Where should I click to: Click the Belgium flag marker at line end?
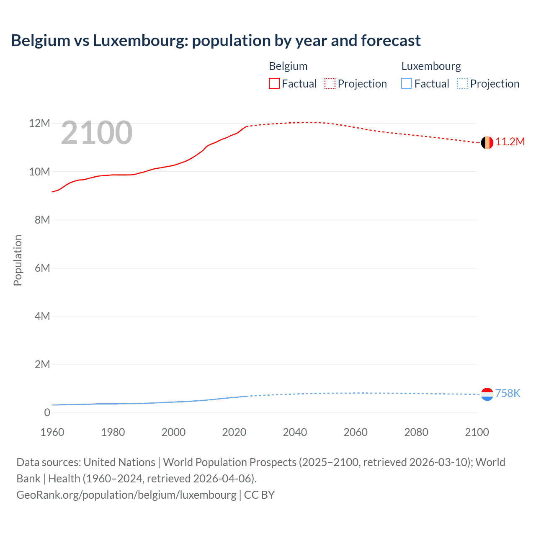487,143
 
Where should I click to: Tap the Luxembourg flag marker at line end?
487,394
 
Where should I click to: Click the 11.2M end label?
510,142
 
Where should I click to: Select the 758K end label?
508,393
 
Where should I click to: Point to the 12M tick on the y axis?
39,124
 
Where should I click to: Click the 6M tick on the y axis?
42,268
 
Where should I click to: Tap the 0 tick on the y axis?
47,412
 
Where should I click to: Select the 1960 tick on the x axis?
52,432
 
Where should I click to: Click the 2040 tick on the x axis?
295,432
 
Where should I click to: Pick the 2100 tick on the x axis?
477,432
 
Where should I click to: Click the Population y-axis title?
18,260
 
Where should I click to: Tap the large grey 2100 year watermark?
97,133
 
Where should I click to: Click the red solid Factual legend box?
274,84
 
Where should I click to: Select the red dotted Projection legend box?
330,84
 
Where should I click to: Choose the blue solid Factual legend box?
407,84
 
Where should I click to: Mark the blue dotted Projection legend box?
463,84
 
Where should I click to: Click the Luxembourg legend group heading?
431,66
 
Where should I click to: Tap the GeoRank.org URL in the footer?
126,495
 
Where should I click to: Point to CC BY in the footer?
259,495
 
